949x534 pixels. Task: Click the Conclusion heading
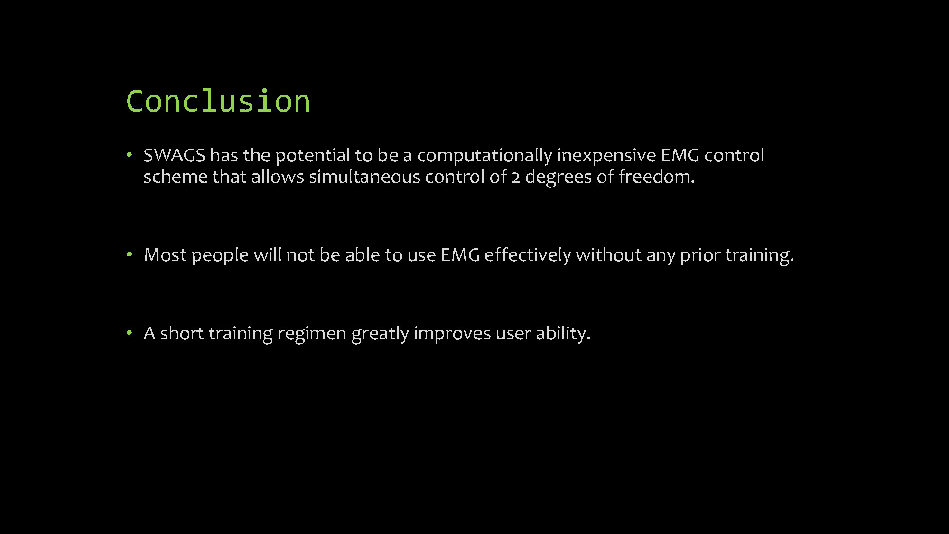click(x=218, y=101)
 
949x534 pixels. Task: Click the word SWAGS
click(x=174, y=155)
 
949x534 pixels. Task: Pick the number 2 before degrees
click(x=516, y=178)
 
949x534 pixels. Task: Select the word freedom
click(x=657, y=177)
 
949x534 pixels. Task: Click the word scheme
click(x=176, y=177)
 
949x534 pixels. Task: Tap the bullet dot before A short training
click(x=129, y=333)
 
